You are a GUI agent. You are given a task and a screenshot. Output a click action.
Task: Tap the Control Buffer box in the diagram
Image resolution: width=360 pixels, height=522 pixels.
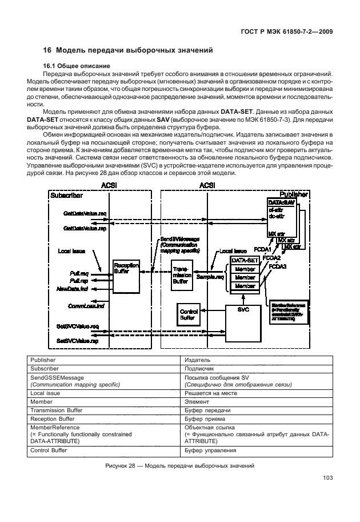(x=186, y=313)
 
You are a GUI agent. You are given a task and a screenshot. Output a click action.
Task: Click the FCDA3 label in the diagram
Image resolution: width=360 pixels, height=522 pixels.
(x=278, y=266)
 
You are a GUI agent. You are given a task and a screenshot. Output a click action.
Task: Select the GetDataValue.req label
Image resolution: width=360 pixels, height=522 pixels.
(x=85, y=213)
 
